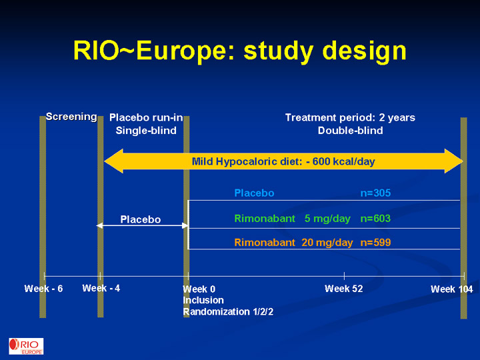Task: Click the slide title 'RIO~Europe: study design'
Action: click(240, 51)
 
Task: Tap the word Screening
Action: click(71, 117)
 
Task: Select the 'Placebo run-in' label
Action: click(146, 117)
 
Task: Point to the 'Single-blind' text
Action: click(146, 131)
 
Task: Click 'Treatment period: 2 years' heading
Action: click(350, 117)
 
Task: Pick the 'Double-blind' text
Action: click(350, 131)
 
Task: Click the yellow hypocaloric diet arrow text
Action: click(283, 161)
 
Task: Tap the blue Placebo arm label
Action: click(254, 193)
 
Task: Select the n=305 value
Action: click(375, 193)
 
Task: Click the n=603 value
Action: click(375, 219)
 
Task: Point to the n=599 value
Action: click(375, 243)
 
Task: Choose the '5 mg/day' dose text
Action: click(327, 219)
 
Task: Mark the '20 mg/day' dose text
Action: click(327, 243)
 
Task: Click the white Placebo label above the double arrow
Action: click(141, 219)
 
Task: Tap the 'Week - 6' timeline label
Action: click(43, 289)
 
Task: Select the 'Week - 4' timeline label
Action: click(101, 288)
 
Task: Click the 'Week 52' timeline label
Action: click(344, 289)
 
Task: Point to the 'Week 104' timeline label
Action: click(452, 289)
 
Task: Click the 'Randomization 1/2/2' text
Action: click(228, 311)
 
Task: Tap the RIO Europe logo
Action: click(26, 346)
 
